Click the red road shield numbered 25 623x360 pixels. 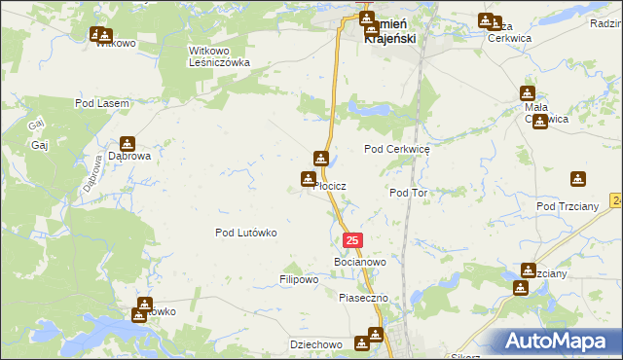pyautogui.click(x=352, y=240)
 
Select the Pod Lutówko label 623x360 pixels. pyautogui.click(x=246, y=233)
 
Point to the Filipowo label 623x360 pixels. pyautogui.click(x=299, y=279)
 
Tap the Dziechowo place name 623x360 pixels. pyautogui.click(x=314, y=344)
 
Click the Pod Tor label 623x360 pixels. pyautogui.click(x=408, y=193)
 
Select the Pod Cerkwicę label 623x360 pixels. pyautogui.click(x=396, y=149)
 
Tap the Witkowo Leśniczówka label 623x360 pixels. pyautogui.click(x=219, y=55)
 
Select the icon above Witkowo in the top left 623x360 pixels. pyautogui.click(x=98, y=34)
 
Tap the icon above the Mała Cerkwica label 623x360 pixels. pyautogui.click(x=528, y=91)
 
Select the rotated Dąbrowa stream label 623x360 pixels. pyautogui.click(x=92, y=173)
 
